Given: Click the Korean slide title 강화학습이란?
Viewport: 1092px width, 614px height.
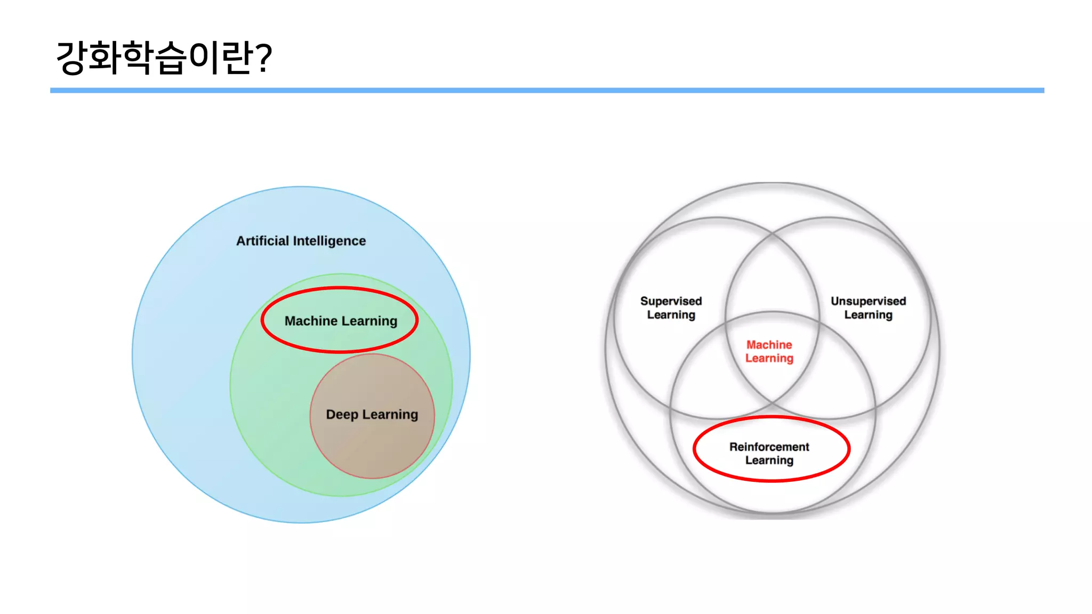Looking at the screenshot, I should point(164,58).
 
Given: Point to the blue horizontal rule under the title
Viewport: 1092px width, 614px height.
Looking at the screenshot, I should point(547,91).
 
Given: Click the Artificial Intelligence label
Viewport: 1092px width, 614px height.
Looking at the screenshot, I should point(301,241).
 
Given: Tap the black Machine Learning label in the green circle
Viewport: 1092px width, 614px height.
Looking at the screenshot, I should point(341,321).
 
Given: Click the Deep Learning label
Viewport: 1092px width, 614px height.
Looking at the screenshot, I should point(372,414).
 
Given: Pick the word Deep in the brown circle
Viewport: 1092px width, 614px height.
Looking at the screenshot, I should point(342,414).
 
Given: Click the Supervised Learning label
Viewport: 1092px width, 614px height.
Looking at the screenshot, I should point(671,308).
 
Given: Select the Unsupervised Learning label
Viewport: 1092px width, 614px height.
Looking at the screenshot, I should point(868,308).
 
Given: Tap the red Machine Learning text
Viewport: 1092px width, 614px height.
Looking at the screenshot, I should point(769,351).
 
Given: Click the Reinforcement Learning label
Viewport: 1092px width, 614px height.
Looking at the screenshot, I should point(769,453).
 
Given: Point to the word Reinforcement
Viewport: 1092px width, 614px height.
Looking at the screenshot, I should point(769,447).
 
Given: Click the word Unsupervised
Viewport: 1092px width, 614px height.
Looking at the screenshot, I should point(868,301).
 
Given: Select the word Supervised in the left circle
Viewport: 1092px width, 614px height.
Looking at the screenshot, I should point(671,301).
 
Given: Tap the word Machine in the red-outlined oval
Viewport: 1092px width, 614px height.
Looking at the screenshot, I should point(311,321).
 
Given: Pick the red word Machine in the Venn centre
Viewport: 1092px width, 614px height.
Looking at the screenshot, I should point(769,345).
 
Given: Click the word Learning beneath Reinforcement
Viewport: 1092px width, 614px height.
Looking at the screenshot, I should point(769,460).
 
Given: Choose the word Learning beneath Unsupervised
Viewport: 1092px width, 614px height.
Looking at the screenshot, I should point(868,315).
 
